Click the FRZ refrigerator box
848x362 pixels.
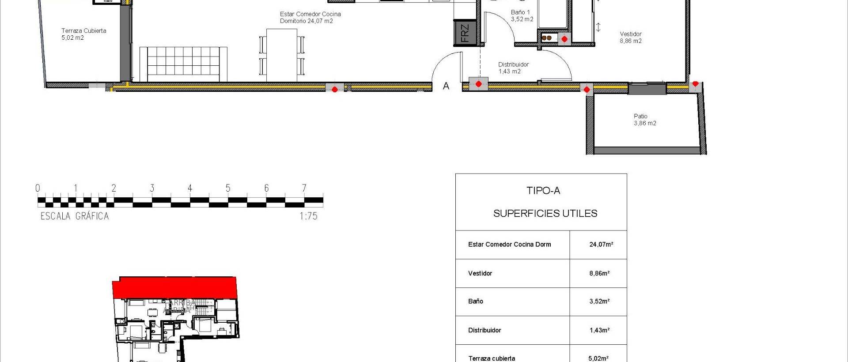(464, 33)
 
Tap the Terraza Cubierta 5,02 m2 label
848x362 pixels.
(83, 34)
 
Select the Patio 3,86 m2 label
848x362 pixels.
(644, 120)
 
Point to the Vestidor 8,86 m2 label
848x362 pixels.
(630, 37)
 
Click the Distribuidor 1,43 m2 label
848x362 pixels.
(513, 68)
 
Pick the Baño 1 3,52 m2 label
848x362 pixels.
(522, 15)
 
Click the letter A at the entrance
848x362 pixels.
(446, 86)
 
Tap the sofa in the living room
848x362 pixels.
(183, 64)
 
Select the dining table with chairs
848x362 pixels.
(282, 55)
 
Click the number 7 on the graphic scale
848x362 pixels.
(304, 188)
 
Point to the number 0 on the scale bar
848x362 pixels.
(38, 188)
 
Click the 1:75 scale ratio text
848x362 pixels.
(308, 216)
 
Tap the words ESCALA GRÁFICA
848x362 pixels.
(75, 216)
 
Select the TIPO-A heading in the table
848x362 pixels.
(543, 191)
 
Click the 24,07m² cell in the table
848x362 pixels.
(601, 244)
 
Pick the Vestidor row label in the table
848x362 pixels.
(480, 273)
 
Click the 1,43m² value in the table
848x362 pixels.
(599, 330)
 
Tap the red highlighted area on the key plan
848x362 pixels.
(174, 287)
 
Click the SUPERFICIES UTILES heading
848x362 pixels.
(545, 214)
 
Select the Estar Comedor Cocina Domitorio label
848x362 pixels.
(310, 17)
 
